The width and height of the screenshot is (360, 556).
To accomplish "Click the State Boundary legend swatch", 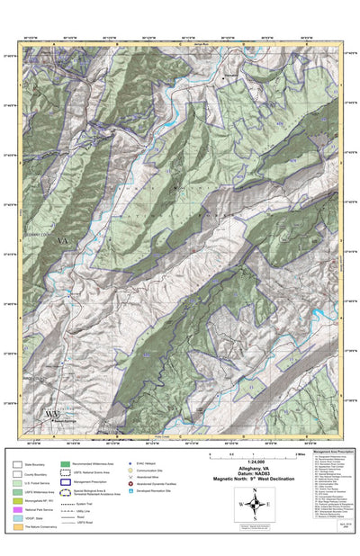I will (18, 464).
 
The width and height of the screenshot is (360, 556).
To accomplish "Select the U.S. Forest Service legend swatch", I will (18, 484).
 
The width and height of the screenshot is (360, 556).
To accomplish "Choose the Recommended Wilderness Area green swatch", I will (66, 464).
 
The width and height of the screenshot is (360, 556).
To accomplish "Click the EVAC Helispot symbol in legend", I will (130, 464).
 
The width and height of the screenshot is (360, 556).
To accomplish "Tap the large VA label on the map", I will (62, 241).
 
